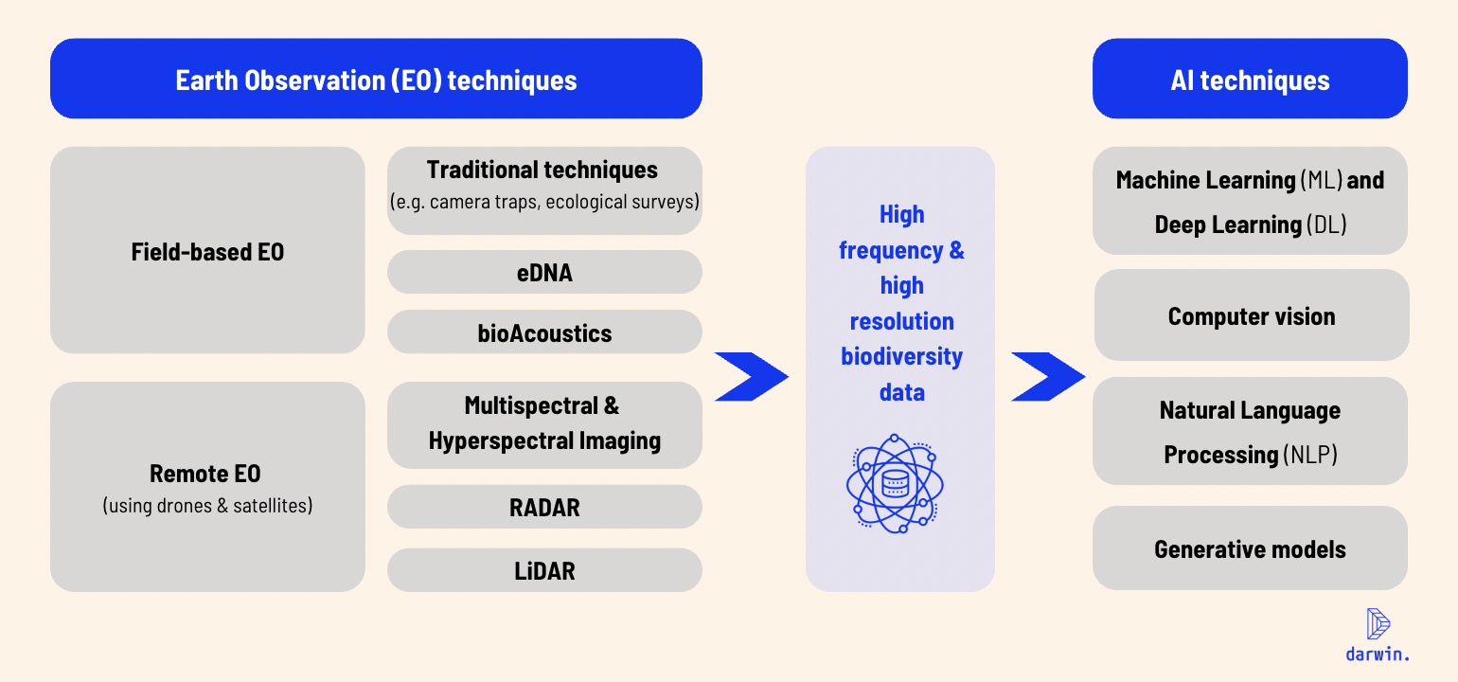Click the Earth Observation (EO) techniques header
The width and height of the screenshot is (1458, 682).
click(x=376, y=79)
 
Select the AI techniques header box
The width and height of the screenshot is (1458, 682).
click(x=1250, y=79)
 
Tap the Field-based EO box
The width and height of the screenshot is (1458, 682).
click(x=207, y=251)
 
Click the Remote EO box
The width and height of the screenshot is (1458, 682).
click(x=207, y=487)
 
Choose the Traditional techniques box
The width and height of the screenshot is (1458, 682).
click(x=544, y=189)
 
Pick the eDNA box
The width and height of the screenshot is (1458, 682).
click(x=544, y=273)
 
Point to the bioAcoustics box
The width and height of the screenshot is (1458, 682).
click(x=544, y=332)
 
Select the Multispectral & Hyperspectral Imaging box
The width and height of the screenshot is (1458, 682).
click(x=544, y=424)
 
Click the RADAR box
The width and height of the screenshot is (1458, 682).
click(x=544, y=507)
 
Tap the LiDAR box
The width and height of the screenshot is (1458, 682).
click(x=544, y=570)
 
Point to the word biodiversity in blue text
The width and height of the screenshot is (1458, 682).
click(x=901, y=356)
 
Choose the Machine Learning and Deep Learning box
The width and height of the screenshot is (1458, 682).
click(x=1250, y=201)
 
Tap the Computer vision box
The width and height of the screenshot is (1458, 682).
click(x=1251, y=315)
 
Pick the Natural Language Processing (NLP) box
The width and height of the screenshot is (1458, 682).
click(x=1250, y=432)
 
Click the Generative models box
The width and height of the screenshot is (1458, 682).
click(x=1250, y=548)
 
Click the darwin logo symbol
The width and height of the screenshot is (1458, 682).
click(x=1378, y=623)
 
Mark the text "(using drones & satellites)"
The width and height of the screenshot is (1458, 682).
click(x=207, y=506)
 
